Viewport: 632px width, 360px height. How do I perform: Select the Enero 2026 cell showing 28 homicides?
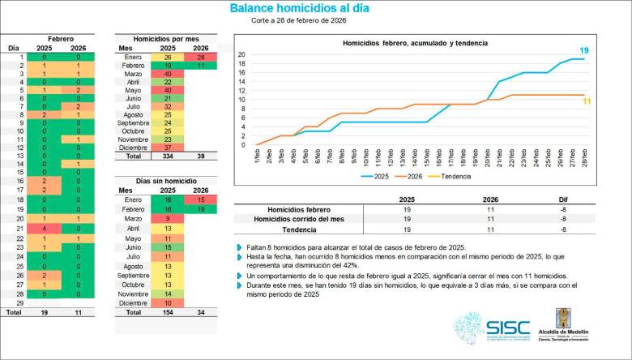[x=200, y=58]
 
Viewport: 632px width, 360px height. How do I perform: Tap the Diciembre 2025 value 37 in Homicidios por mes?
[x=167, y=147]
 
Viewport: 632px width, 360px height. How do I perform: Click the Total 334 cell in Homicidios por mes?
[x=167, y=156]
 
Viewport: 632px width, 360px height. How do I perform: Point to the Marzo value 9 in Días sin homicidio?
[x=167, y=218]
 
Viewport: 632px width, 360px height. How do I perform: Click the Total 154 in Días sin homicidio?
[x=167, y=312]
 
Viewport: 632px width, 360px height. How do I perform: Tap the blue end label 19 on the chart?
[x=583, y=50]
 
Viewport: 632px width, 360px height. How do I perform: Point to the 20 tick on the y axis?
[x=241, y=54]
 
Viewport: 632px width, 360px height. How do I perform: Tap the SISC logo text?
[x=508, y=328]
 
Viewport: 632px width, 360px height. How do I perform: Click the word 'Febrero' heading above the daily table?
[x=61, y=38]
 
